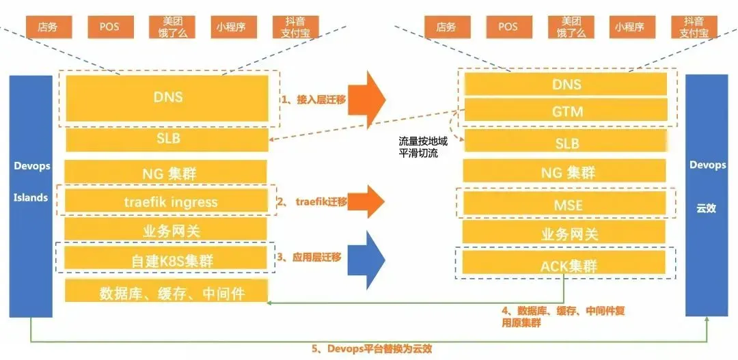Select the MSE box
(565, 204)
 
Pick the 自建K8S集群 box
(166, 258)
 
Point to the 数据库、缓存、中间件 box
(166, 290)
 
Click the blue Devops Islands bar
(31, 196)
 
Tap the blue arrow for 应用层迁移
(367, 260)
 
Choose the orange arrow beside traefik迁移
(367, 202)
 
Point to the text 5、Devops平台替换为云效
(372, 348)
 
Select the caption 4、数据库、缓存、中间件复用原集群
(563, 317)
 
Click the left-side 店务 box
(49, 27)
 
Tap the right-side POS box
(508, 27)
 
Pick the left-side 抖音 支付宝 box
(296, 27)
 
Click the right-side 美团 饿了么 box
(571, 27)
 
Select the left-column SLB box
(167, 139)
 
